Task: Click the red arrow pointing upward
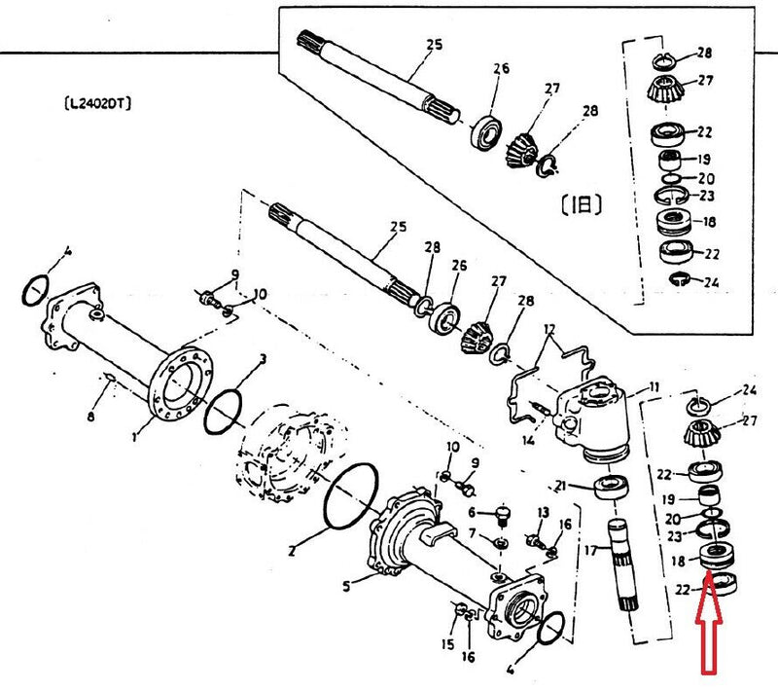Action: click(708, 633)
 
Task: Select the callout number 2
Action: click(292, 552)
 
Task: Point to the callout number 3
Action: click(261, 361)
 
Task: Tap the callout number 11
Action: click(654, 387)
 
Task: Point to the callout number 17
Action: click(588, 551)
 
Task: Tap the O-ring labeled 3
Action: click(226, 411)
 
